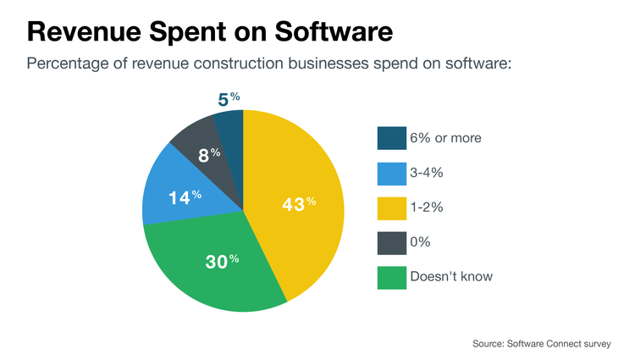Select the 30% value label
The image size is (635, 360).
point(222,261)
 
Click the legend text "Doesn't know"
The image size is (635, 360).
point(450,276)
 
